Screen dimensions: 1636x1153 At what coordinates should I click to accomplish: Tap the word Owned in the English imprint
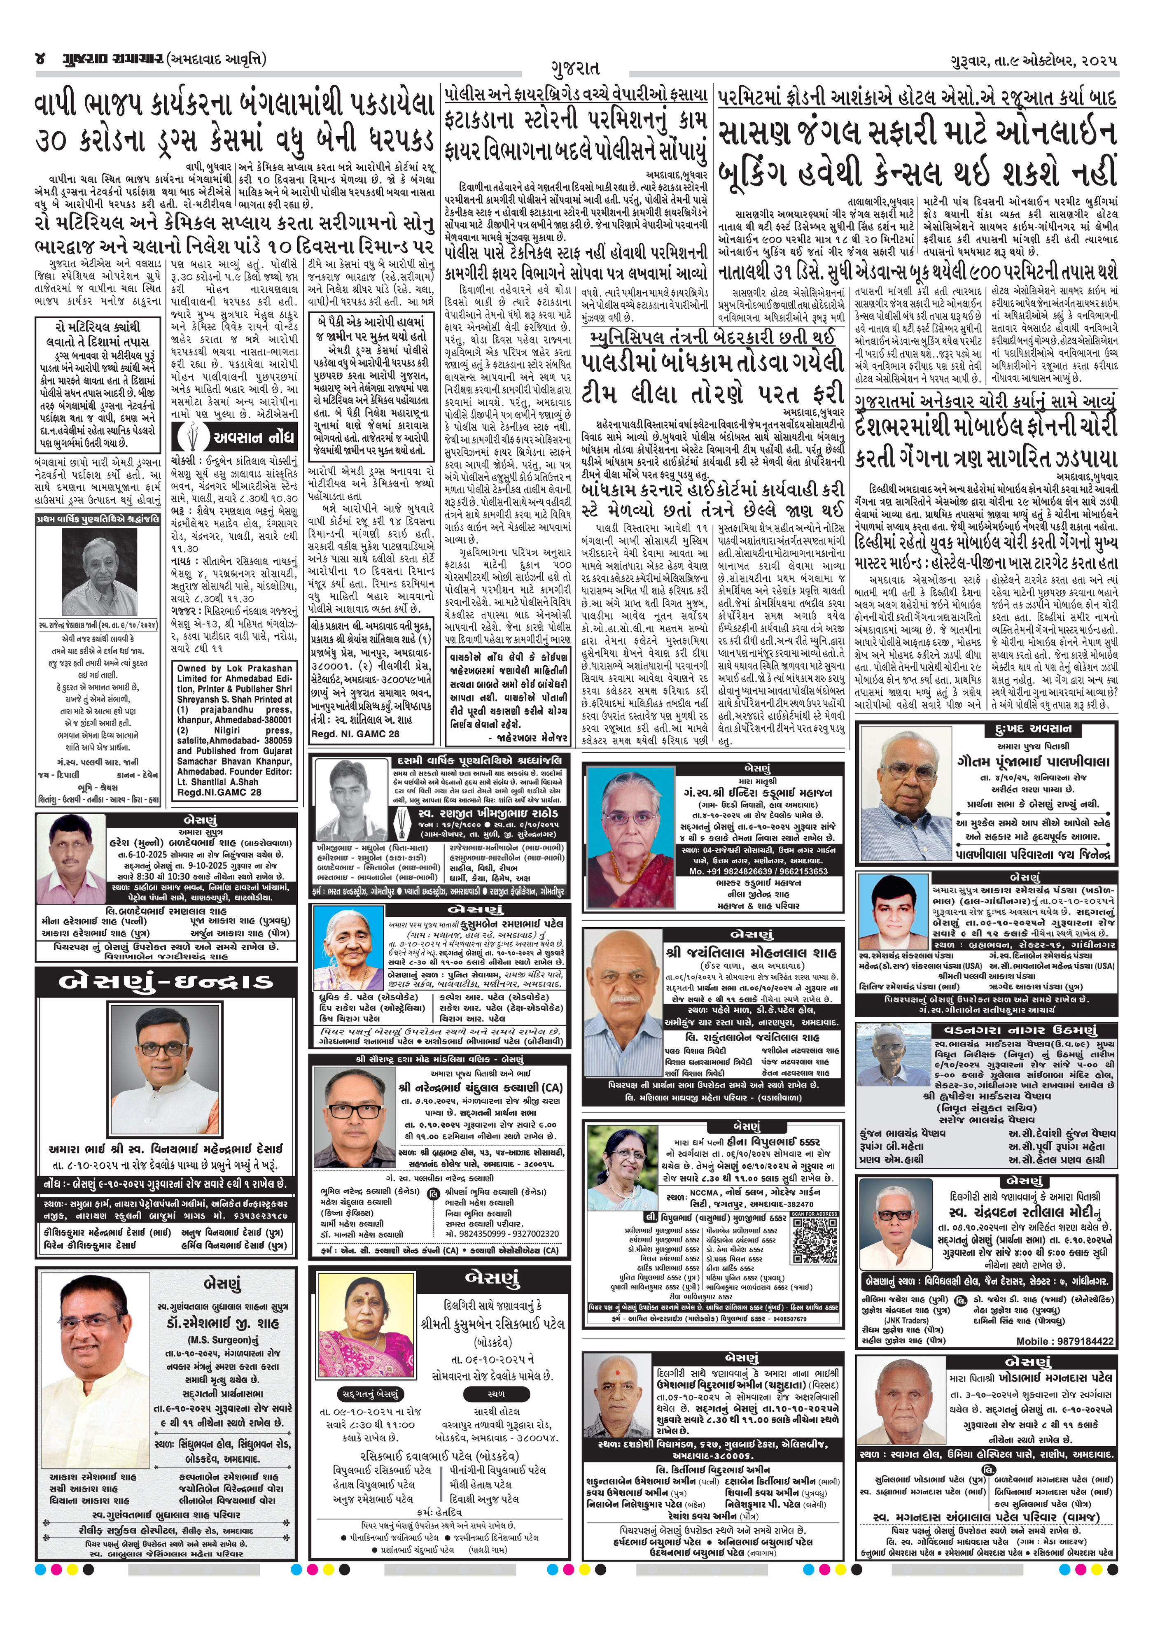[191, 669]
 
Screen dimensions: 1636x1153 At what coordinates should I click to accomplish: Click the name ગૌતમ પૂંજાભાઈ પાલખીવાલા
[1033, 762]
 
